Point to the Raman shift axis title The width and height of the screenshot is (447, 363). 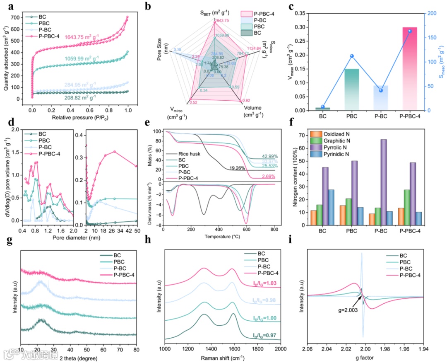click(223, 357)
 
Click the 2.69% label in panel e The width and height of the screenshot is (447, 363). click(269, 177)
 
